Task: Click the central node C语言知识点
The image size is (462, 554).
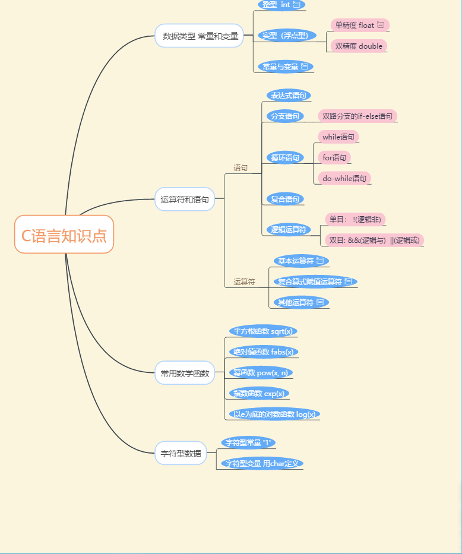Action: pyautogui.click(x=64, y=235)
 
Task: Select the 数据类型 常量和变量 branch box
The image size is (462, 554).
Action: pyautogui.click(x=200, y=36)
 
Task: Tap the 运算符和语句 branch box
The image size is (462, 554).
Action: pyautogui.click(x=185, y=200)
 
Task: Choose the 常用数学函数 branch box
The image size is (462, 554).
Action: pyautogui.click(x=185, y=373)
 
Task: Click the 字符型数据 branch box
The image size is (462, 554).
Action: pyautogui.click(x=181, y=453)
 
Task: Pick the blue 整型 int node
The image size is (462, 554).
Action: pyautogui.click(x=281, y=5)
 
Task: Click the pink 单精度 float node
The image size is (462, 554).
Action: pyautogui.click(x=359, y=25)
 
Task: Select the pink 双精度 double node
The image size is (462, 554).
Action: pyautogui.click(x=359, y=46)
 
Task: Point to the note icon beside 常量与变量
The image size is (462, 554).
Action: pyautogui.click(x=305, y=67)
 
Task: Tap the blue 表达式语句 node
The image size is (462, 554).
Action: pyautogui.click(x=288, y=95)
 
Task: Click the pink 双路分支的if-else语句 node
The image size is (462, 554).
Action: pyautogui.click(x=357, y=116)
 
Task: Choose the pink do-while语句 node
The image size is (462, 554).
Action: pyautogui.click(x=344, y=178)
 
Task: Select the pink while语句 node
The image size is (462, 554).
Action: pyautogui.click(x=338, y=137)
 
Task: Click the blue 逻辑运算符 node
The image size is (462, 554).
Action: pyautogui.click(x=288, y=230)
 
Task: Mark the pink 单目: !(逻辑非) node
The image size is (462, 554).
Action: pyautogui.click(x=355, y=220)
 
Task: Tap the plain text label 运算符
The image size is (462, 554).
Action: pyautogui.click(x=244, y=282)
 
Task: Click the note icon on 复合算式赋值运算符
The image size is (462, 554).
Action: pyautogui.click(x=349, y=281)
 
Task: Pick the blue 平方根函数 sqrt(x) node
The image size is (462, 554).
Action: pyautogui.click(x=263, y=331)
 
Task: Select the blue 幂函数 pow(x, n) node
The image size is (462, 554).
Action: pyautogui.click(x=261, y=373)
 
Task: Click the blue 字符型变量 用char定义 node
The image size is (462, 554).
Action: pyautogui.click(x=262, y=463)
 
